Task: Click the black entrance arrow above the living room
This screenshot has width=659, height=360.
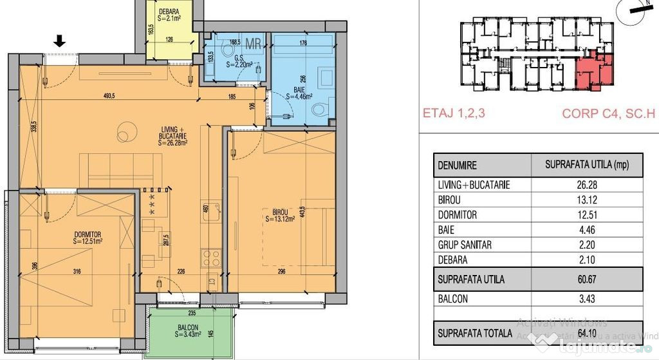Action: coord(59,42)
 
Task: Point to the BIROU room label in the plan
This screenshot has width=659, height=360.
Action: coord(279,213)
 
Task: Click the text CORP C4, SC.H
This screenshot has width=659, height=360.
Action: coord(608,113)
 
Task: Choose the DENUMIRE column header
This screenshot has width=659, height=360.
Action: coord(457,166)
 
